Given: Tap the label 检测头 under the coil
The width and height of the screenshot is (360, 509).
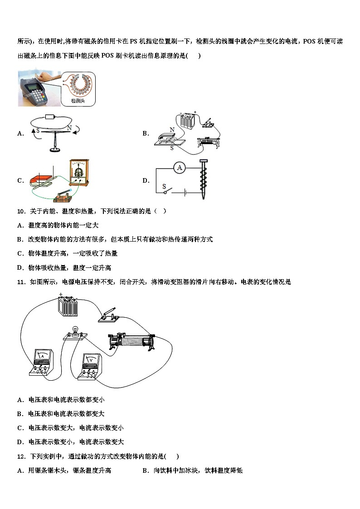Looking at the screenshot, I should [78, 101].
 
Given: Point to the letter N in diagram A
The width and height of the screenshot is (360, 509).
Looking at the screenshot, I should [69, 128].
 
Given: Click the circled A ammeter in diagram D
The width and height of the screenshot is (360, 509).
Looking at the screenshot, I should [180, 168].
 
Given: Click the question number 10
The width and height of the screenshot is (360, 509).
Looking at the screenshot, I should [21, 211].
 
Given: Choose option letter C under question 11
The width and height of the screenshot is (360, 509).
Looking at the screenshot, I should [20, 427].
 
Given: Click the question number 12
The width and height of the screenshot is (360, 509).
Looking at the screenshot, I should [21, 456].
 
